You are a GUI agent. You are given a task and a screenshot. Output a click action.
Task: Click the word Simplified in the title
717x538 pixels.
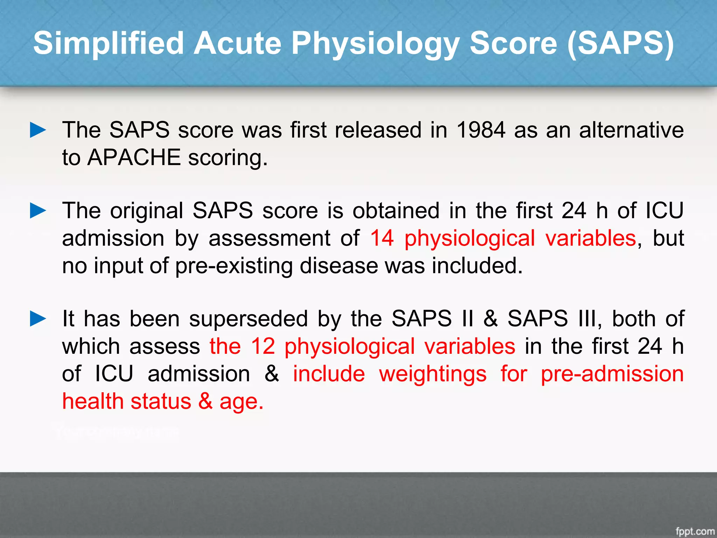click(109, 43)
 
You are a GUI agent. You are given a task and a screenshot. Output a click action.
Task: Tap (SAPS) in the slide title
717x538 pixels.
click(620, 43)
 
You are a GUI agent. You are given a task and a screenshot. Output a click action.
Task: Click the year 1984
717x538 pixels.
click(481, 130)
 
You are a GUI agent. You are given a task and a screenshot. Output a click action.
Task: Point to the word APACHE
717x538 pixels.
click(134, 157)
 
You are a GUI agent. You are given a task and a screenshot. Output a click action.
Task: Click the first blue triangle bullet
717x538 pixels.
click(38, 130)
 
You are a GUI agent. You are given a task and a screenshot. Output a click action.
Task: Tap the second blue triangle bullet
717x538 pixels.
click(38, 211)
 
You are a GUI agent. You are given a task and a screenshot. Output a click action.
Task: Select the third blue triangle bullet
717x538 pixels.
click(38, 319)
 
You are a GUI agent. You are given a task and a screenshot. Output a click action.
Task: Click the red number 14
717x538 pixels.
click(382, 238)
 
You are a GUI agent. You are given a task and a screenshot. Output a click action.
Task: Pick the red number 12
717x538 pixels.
click(263, 346)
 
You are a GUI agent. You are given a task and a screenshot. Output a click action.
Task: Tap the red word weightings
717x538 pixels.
click(433, 374)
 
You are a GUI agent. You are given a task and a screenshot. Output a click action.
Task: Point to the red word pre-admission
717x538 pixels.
click(612, 374)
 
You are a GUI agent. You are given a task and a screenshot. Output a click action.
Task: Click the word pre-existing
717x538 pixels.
click(234, 266)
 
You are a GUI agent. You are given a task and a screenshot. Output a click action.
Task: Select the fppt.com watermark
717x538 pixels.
click(695, 531)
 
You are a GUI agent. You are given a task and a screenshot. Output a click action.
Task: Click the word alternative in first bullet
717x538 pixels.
click(631, 130)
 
